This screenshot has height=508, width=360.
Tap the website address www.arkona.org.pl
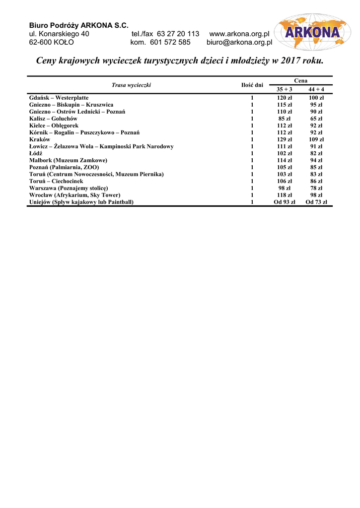239,34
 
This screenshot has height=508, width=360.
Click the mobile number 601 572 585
170,42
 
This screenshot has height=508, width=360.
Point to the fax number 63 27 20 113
178,34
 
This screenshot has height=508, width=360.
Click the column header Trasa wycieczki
131,85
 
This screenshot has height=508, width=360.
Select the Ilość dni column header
252,85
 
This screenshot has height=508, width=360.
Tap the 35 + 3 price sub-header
285,89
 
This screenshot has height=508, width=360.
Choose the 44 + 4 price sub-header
316,89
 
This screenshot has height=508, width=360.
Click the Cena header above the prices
300,80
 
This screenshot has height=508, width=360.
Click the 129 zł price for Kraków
285,139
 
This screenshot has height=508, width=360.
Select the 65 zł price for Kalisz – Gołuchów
316,119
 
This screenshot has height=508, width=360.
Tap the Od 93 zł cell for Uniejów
285,202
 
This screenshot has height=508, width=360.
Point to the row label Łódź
36,153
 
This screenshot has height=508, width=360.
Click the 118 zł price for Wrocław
285,195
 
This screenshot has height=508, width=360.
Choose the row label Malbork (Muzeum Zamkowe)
68,160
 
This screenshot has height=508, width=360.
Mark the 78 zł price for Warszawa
316,188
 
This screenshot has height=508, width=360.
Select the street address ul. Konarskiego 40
59,34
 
